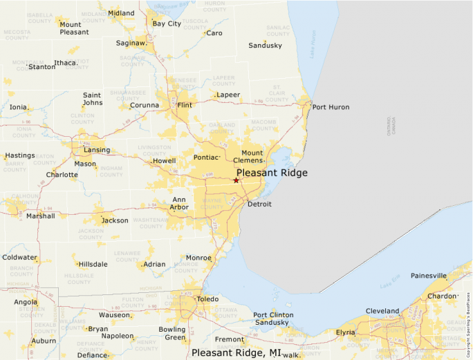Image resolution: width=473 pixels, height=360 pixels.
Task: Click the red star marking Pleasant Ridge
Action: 236,180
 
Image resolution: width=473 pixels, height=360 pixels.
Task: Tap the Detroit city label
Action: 259,204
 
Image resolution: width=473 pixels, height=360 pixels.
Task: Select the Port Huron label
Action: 331,107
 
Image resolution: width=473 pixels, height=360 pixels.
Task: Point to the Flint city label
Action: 185,105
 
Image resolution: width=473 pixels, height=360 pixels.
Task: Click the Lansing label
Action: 97,150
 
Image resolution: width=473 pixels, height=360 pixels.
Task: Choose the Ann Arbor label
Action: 179,203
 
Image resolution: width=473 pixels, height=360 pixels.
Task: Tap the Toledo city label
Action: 207,299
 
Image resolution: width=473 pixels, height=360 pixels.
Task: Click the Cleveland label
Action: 382,311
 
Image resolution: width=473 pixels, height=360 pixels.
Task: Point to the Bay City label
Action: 167,23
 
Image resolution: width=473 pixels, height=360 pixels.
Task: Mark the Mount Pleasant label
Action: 74,28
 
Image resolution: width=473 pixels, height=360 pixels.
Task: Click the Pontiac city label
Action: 206,158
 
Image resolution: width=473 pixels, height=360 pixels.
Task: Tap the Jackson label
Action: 115,220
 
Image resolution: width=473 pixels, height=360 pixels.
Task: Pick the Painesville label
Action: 429,275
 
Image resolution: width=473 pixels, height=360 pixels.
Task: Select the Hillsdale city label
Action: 93,265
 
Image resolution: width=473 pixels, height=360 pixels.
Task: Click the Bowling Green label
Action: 173,333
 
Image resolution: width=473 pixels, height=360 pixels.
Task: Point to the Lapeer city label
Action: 228,95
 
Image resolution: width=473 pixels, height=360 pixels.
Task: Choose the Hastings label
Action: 20,155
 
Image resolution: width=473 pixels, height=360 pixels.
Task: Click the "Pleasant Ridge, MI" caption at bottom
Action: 236,353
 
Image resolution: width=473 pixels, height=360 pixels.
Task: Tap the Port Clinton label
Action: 273,315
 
